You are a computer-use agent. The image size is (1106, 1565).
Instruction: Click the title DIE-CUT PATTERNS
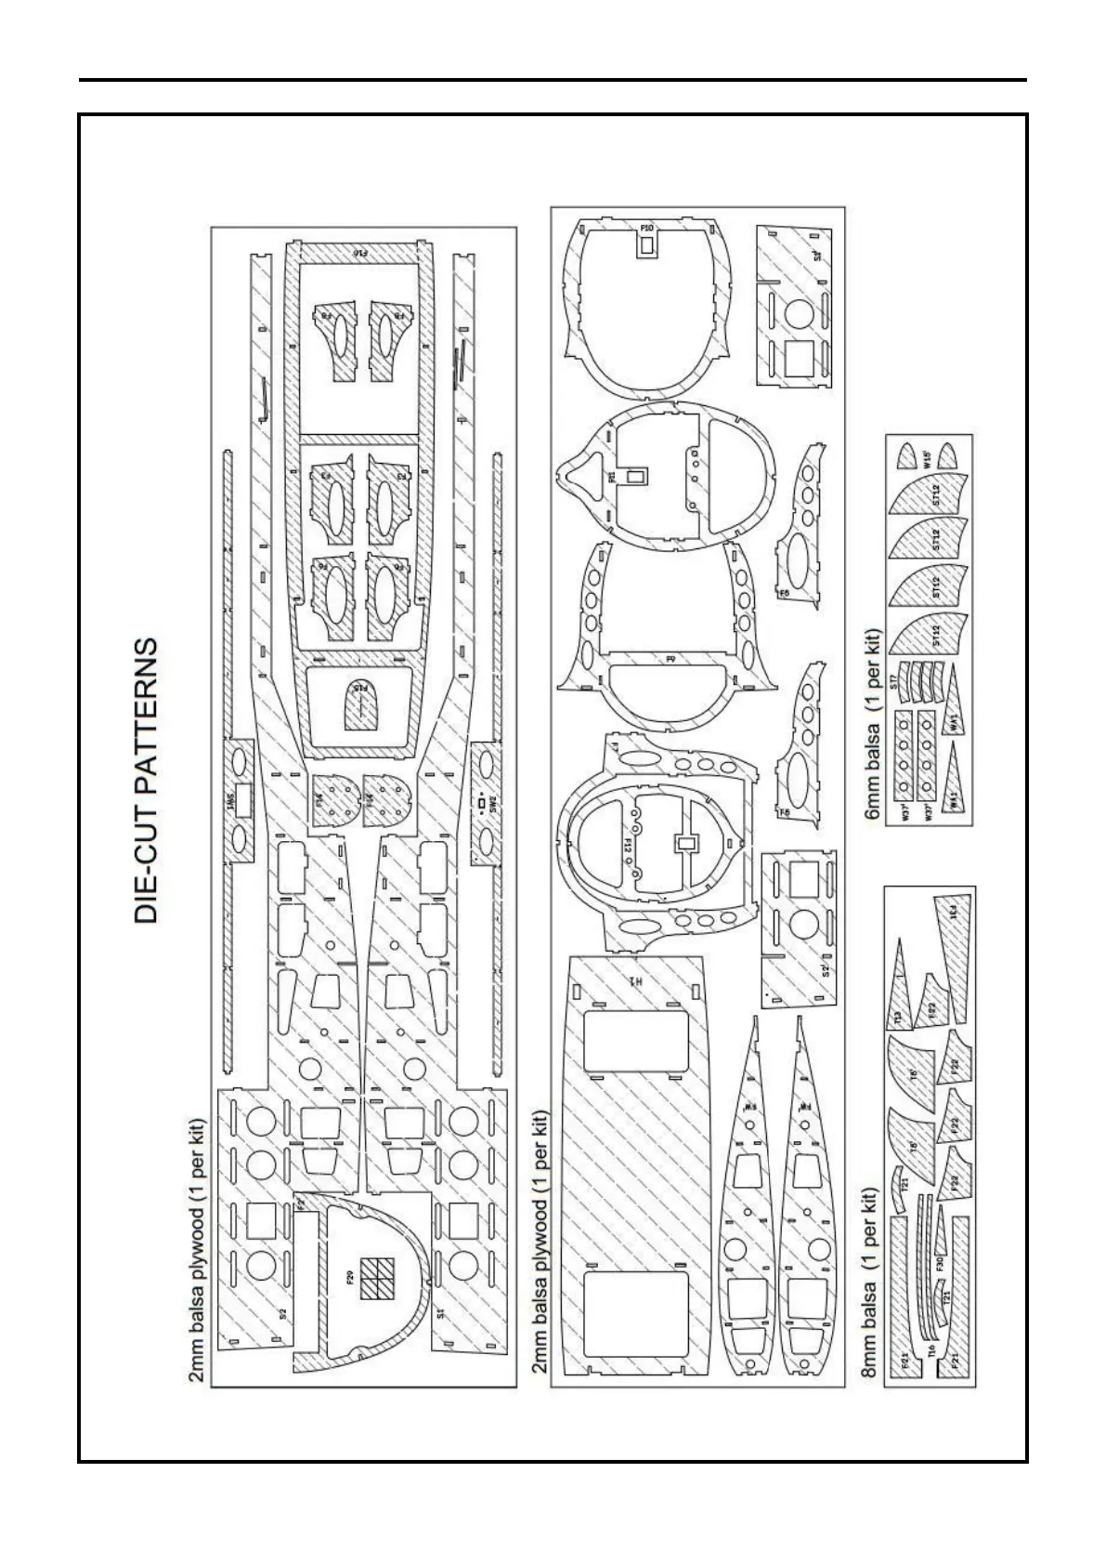coord(147,779)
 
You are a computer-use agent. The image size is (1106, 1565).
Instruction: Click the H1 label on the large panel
coord(636,980)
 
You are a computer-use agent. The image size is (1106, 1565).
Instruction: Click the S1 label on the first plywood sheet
coord(442,1313)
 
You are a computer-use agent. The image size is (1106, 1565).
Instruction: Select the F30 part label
coord(940,1264)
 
